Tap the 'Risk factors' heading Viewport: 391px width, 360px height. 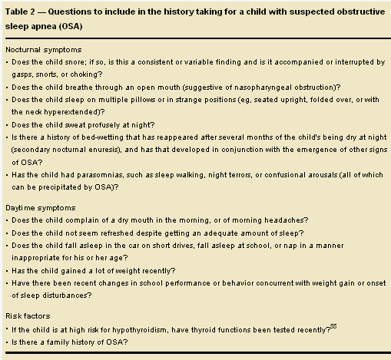point(28,315)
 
